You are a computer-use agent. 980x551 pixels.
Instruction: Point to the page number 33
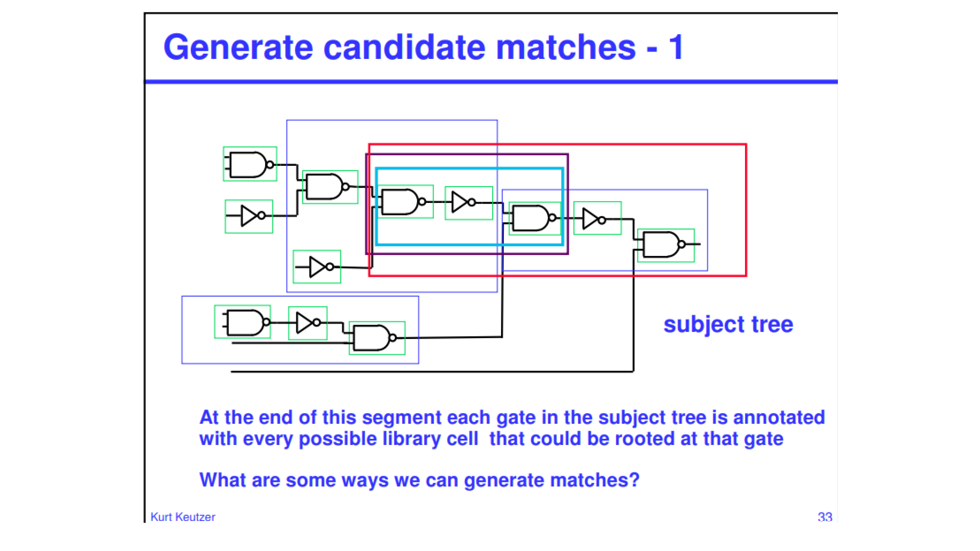point(825,517)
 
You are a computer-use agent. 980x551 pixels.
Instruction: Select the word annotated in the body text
point(779,418)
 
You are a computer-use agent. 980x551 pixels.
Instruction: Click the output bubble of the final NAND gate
point(682,244)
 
